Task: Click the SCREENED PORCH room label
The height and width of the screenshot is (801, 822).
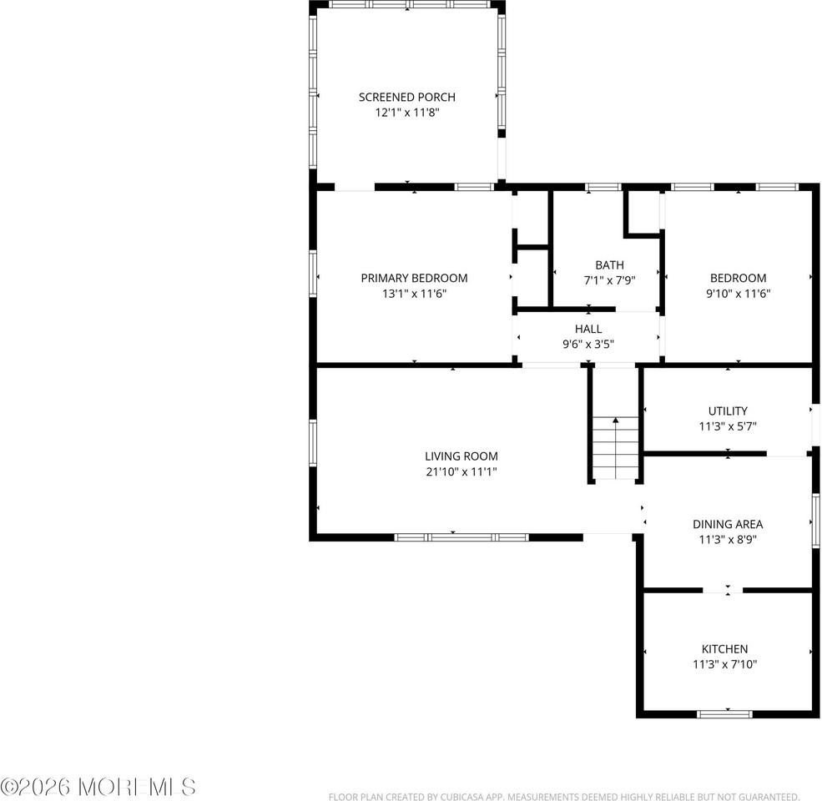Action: (407, 97)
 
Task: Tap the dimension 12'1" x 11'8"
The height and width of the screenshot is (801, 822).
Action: (407, 112)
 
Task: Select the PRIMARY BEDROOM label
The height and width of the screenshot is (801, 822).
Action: (414, 278)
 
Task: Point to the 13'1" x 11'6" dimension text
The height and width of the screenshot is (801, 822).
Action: (414, 293)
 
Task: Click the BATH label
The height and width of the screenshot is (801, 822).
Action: (609, 265)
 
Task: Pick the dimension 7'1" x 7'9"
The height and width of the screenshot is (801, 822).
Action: (609, 280)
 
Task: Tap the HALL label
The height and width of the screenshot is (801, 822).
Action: (588, 329)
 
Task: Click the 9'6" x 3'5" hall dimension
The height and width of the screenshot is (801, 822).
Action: (588, 344)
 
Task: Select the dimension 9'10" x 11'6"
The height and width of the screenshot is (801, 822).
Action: (738, 293)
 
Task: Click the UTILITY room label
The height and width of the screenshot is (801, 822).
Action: (728, 411)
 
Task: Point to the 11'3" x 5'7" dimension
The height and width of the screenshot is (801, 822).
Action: (728, 426)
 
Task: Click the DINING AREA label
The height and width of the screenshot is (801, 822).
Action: (728, 524)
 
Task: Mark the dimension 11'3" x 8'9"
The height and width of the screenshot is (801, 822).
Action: (728, 539)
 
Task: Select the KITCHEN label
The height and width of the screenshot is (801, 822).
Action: (724, 648)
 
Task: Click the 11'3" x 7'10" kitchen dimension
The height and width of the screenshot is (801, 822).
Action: (724, 664)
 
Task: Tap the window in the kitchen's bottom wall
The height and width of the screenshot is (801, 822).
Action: (724, 713)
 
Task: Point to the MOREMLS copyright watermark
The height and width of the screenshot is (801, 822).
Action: (98, 786)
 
